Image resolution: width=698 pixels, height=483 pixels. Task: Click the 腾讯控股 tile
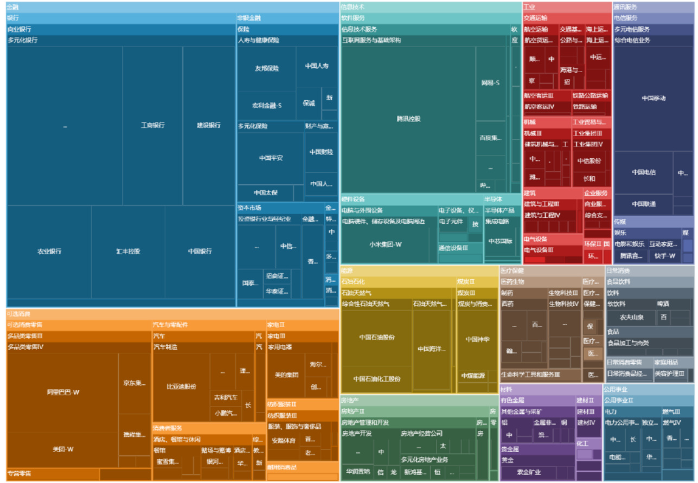[x=408, y=119]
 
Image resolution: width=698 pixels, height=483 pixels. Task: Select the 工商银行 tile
[x=152, y=125]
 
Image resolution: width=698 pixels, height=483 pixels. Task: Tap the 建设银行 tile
[x=209, y=125]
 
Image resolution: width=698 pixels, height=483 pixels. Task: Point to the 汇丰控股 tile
[x=128, y=252]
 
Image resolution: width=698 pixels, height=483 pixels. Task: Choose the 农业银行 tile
[x=49, y=252]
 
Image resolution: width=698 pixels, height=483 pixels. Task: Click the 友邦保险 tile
[x=266, y=69]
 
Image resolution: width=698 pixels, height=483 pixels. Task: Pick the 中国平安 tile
[x=271, y=158]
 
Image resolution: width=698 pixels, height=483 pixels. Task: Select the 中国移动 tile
[x=653, y=98]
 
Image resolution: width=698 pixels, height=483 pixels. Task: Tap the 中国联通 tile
[x=643, y=204]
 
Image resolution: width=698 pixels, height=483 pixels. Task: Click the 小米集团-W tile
[x=386, y=244]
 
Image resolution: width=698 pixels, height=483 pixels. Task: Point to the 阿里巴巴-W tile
[x=62, y=392]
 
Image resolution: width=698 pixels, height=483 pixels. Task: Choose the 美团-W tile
[x=62, y=449]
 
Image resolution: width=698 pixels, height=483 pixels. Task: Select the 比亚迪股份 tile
[x=181, y=387]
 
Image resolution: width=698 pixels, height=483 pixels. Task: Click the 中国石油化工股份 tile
[x=376, y=379]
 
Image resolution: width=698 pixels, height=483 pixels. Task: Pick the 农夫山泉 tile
[x=631, y=317]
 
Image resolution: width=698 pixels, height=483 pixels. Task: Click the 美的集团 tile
[x=286, y=375]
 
